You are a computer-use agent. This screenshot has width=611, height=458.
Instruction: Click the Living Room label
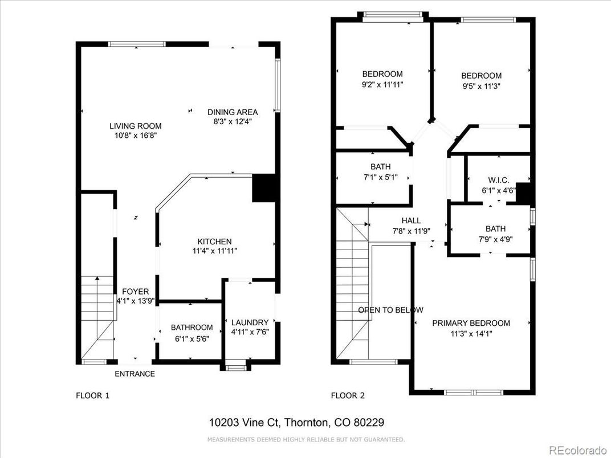(x=135, y=126)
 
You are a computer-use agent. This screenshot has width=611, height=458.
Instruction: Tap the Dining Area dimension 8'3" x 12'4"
(x=232, y=121)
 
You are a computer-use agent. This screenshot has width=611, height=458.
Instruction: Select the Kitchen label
(x=214, y=242)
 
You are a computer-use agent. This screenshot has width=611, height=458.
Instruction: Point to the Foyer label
(x=135, y=291)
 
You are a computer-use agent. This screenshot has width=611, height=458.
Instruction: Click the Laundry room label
(x=250, y=322)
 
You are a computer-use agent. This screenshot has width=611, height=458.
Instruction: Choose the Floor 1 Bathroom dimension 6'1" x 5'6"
(x=192, y=339)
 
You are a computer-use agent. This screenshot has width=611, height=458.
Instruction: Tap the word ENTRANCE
(x=135, y=374)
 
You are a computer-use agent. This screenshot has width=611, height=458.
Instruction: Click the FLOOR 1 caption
(x=92, y=396)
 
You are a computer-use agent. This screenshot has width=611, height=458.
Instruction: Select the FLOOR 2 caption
(x=348, y=396)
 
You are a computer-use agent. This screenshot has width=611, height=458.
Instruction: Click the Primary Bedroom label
(x=471, y=323)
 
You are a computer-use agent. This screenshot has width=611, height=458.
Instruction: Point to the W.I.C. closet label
(x=498, y=181)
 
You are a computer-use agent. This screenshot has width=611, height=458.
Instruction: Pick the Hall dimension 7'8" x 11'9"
(x=411, y=231)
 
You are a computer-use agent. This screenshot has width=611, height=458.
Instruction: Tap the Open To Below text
(x=390, y=310)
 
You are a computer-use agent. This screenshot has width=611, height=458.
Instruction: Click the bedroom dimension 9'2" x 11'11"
(x=382, y=84)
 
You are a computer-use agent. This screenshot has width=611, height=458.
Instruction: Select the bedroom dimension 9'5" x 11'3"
(x=481, y=86)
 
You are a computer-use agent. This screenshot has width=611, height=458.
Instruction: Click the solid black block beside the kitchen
(x=264, y=188)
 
